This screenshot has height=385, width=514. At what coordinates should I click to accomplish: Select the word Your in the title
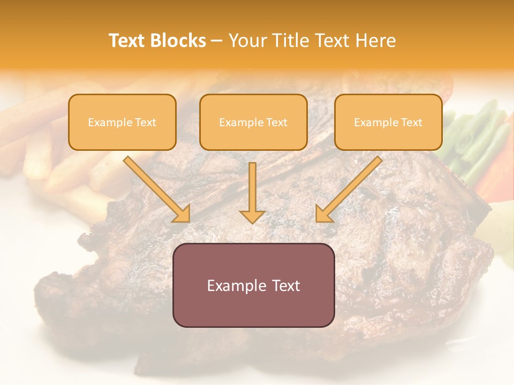point(247,41)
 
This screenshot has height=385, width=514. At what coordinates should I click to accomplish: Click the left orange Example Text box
point(122,122)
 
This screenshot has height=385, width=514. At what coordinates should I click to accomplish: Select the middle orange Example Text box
point(253,122)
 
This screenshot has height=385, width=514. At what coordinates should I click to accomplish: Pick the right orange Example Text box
point(388,122)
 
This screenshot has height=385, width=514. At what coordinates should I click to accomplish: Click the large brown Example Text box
point(253,285)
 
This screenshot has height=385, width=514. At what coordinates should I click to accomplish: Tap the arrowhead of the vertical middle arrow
point(253,216)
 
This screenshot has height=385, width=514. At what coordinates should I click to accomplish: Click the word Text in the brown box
point(286,286)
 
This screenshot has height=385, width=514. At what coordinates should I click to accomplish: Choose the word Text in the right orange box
point(412,122)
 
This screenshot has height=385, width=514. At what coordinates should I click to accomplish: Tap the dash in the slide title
point(217,41)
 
